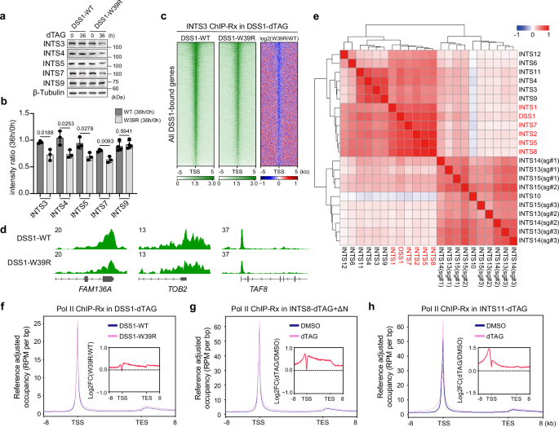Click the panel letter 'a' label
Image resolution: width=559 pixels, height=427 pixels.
tap(5, 6)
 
